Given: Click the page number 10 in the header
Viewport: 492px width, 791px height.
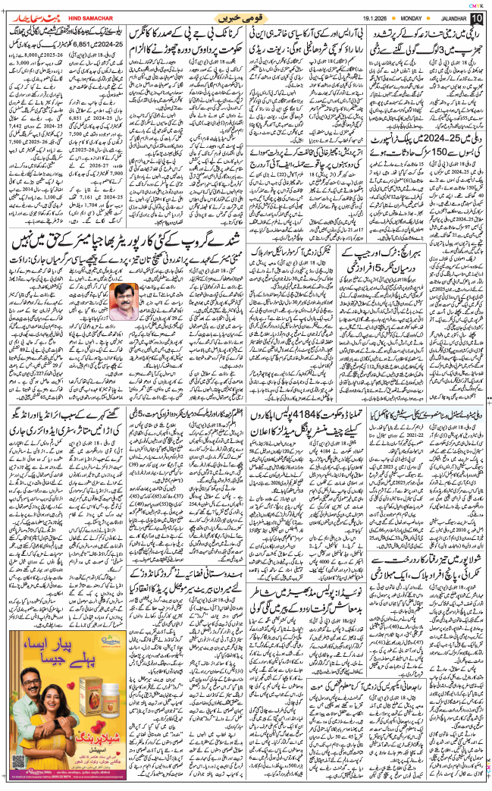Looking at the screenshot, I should [476, 17].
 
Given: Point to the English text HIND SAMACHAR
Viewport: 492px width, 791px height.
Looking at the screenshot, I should [78, 17].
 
